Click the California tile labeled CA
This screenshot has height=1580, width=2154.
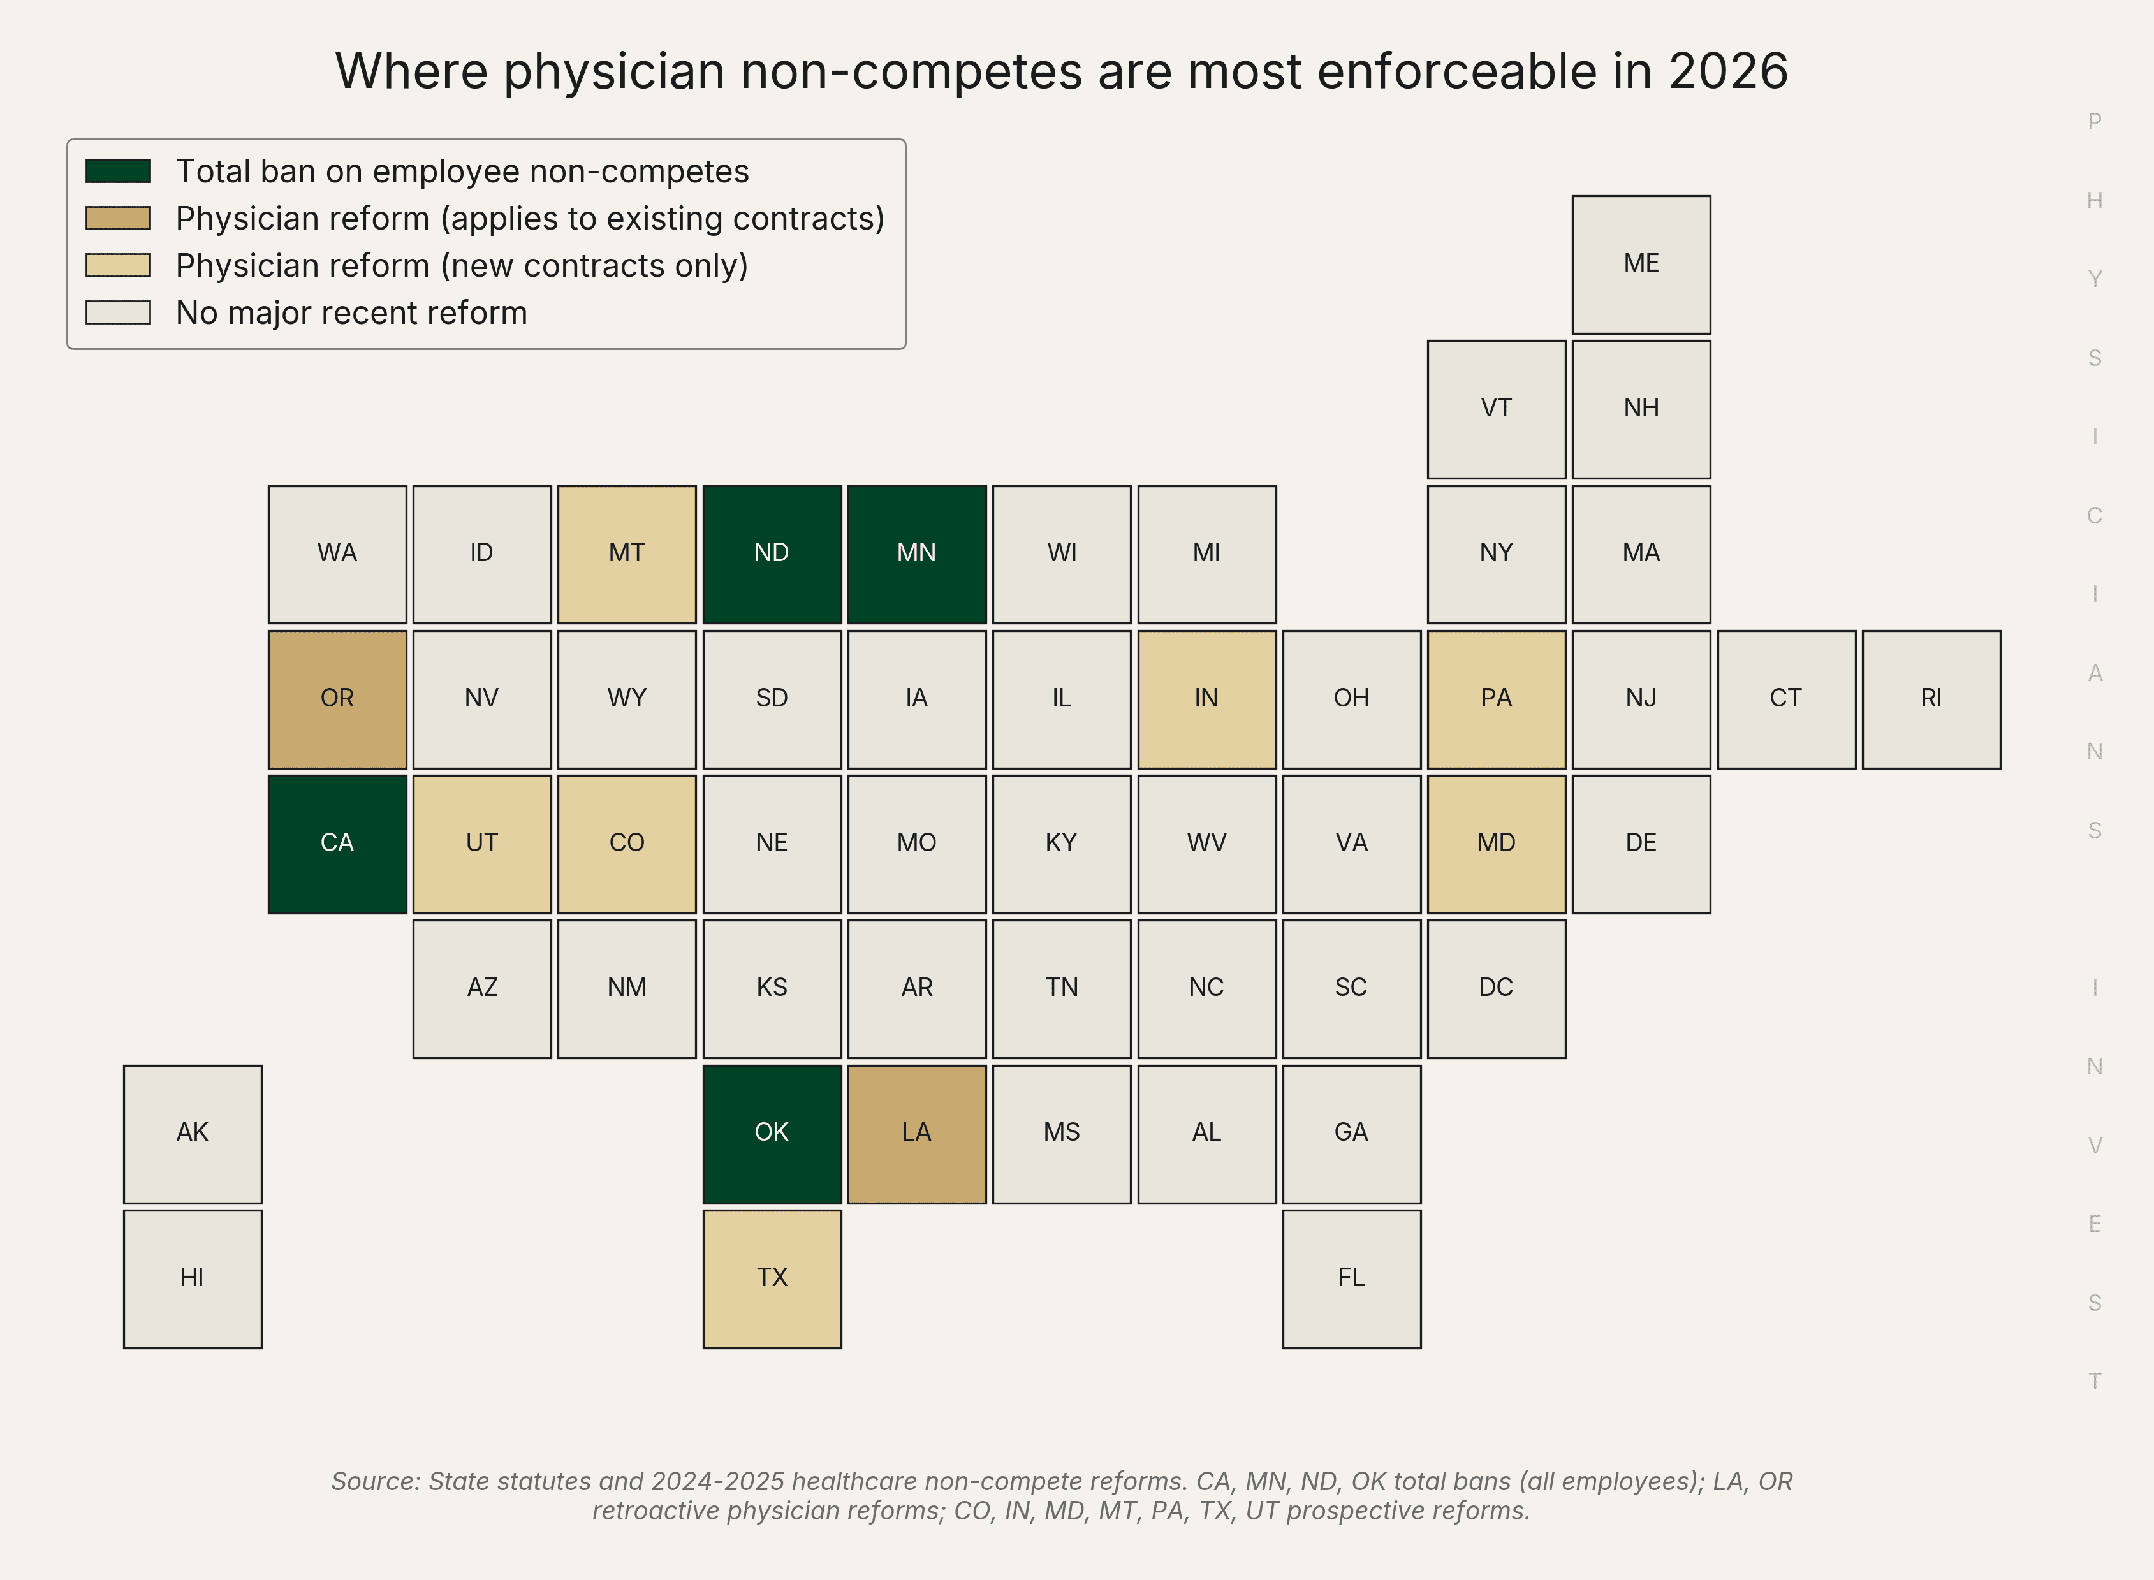[338, 844]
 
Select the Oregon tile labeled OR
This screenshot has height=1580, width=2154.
[338, 699]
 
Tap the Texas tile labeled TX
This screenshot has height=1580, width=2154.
[772, 1279]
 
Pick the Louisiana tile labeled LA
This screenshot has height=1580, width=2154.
[916, 1134]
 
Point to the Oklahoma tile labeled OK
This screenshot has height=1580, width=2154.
[772, 1134]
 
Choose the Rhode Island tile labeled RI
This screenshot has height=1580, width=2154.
[1931, 699]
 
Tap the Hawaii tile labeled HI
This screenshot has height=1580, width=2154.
[193, 1279]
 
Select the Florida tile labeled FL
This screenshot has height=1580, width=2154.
[1352, 1279]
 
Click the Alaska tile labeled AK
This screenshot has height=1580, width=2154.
[193, 1134]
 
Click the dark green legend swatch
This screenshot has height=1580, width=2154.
[119, 171]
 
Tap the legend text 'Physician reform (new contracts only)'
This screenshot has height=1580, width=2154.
[462, 266]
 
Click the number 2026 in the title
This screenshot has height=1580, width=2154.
[1728, 71]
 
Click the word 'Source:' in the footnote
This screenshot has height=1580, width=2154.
[376, 1482]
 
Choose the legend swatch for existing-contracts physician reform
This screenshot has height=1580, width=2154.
[119, 218]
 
